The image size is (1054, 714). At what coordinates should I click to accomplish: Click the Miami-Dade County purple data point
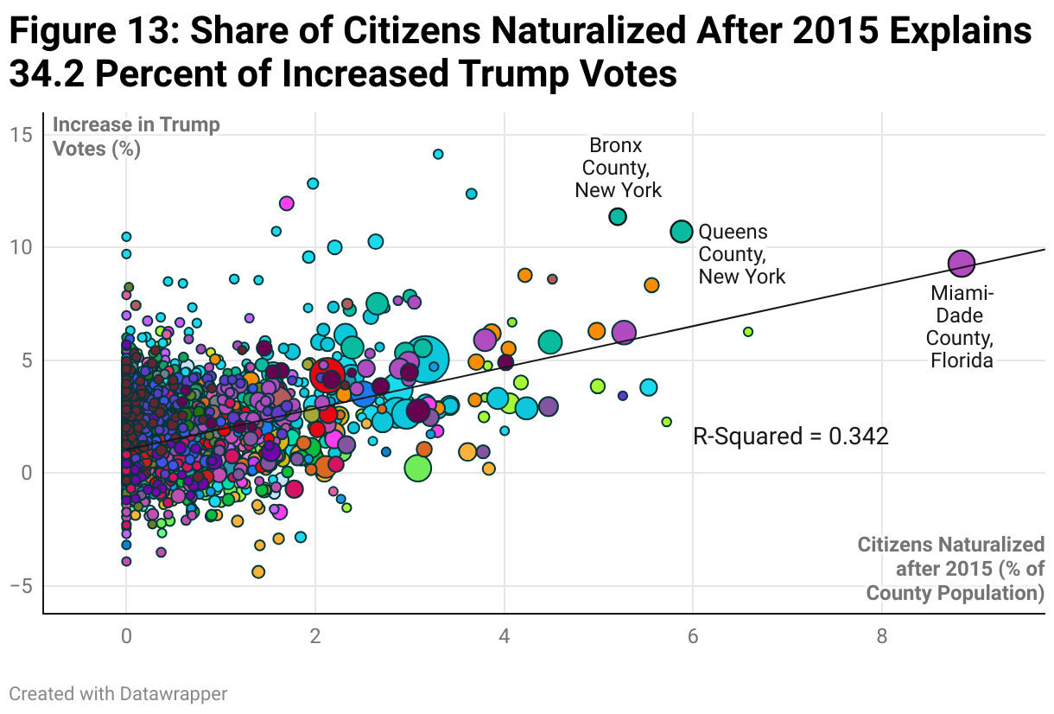point(962,263)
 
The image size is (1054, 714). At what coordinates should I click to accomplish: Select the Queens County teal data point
point(682,232)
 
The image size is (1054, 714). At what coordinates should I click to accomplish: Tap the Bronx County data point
point(618,217)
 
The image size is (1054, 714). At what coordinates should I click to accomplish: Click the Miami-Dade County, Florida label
point(962,327)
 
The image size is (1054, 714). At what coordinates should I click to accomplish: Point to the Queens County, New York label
point(741,254)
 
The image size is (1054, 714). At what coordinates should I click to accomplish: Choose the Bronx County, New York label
point(618,168)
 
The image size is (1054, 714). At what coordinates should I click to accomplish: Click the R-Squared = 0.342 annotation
point(790,437)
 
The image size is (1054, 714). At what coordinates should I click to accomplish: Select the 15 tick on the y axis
point(22,135)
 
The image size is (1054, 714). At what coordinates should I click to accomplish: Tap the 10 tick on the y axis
point(22,247)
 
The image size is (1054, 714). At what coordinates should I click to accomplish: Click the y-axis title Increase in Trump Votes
point(137,136)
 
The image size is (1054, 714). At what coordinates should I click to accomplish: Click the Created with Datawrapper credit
point(118,693)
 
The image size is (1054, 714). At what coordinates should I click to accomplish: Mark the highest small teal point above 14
point(438,154)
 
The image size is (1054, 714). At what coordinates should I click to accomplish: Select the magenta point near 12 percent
point(287,204)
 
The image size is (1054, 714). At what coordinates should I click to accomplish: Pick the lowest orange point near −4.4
point(258,571)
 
